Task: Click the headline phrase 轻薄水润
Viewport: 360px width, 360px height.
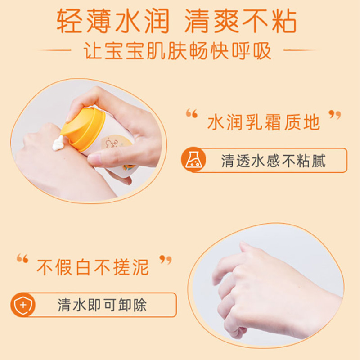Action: [x=113, y=21]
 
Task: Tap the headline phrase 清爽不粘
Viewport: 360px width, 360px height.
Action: [x=241, y=21]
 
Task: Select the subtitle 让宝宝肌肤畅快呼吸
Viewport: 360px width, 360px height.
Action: [x=177, y=51]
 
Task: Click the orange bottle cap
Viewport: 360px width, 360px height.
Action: [x=83, y=129]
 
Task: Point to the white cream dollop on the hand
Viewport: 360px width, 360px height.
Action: [x=58, y=143]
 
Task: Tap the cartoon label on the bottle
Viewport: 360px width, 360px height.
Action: [x=115, y=145]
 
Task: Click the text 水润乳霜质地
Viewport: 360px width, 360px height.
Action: [x=264, y=122]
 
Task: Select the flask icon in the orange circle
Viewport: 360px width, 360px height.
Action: [x=193, y=160]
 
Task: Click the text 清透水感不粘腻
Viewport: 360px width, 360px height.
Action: [x=274, y=161]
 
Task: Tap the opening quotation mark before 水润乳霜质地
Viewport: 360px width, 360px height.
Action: [x=192, y=113]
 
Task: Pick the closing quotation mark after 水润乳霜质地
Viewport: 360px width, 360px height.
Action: [x=335, y=115]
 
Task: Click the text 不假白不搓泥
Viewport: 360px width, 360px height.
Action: [x=93, y=267]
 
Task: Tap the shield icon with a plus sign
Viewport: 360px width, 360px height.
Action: [x=23, y=305]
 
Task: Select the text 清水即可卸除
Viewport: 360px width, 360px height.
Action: [x=102, y=305]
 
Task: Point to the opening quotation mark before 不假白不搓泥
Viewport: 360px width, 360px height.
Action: [x=22, y=258]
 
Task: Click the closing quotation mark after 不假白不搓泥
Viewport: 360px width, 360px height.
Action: [x=166, y=260]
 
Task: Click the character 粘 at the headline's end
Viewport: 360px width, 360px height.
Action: [x=284, y=21]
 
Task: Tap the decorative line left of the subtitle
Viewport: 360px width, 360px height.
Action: [x=54, y=50]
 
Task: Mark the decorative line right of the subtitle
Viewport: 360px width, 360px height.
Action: [x=300, y=50]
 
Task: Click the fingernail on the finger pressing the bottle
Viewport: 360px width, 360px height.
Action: [x=94, y=158]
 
